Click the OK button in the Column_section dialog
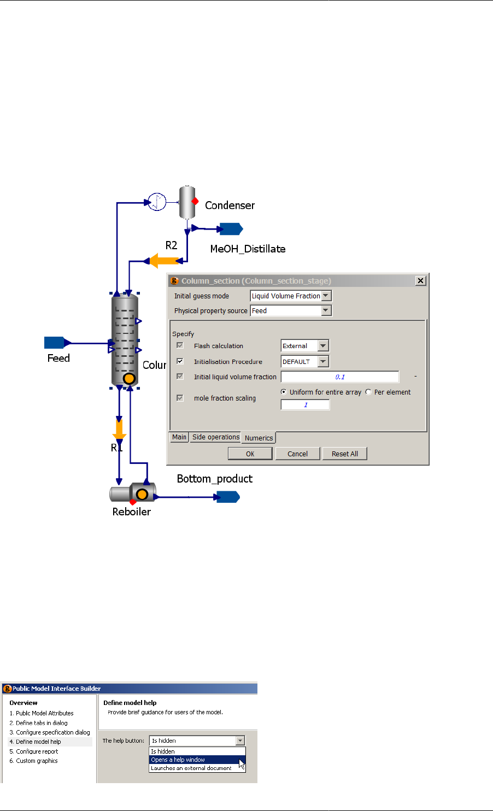pos(250,454)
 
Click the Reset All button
pos(344,454)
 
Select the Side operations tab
pos(215,437)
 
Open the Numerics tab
pos(259,438)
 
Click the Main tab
pos(179,437)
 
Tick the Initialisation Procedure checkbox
pos(180,361)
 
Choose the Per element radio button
pos(368,392)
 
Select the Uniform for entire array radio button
pos(284,392)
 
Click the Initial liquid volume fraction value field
pos(339,377)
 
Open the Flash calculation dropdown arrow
pos(323,346)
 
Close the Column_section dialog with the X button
pos(420,280)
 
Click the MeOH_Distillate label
pos(248,249)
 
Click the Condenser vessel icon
pos(187,202)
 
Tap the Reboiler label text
pos(131,512)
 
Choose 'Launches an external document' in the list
pos(191,768)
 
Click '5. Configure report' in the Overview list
pos(37,751)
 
